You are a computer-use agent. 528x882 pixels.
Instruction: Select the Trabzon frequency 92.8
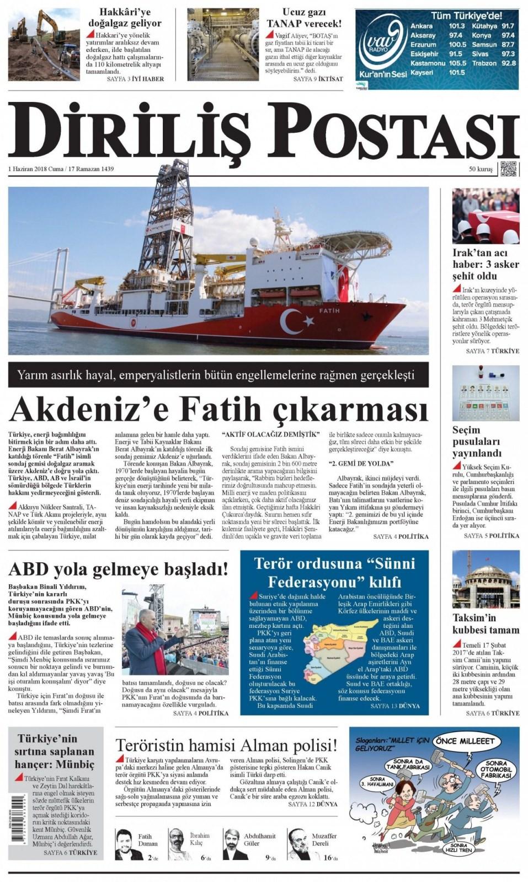click(x=508, y=63)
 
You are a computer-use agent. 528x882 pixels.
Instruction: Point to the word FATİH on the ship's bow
click(x=329, y=311)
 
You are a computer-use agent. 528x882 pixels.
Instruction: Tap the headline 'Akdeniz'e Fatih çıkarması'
click(x=218, y=409)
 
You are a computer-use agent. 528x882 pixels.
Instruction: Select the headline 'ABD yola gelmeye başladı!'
click(x=118, y=568)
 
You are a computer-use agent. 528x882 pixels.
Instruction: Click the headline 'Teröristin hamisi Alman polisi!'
click(x=226, y=746)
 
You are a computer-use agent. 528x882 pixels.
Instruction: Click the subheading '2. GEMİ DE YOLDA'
click(x=361, y=463)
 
